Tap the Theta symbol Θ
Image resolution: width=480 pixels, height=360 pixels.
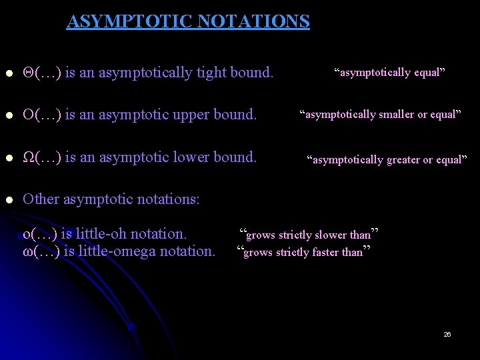point(28,72)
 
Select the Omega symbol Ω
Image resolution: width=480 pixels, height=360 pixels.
point(28,158)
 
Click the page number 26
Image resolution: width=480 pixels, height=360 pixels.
point(447,334)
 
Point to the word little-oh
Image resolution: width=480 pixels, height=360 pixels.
point(101,234)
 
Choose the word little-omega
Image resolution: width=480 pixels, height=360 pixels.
point(113,251)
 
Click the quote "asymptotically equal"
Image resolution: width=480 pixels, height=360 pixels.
point(389,72)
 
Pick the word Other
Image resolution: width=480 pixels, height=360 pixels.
point(41,199)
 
